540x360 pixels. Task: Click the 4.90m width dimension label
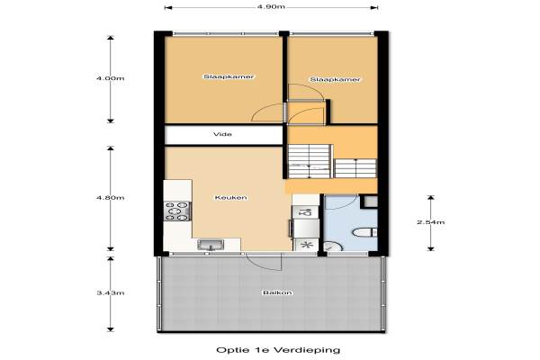click(271, 6)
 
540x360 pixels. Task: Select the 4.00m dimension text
click(110, 78)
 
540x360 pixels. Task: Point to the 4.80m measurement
click(110, 198)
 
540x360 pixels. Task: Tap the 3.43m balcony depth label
click(110, 292)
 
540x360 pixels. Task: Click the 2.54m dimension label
click(431, 222)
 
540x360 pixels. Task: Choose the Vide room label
click(222, 134)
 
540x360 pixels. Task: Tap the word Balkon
click(277, 292)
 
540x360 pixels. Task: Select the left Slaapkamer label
click(229, 76)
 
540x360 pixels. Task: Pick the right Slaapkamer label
click(335, 79)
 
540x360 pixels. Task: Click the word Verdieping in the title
click(307, 350)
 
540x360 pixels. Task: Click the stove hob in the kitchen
click(177, 211)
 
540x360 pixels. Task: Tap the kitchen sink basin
click(211, 245)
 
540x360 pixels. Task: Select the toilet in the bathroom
click(364, 232)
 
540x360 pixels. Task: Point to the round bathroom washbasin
click(333, 247)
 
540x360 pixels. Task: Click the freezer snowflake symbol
click(306, 245)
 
